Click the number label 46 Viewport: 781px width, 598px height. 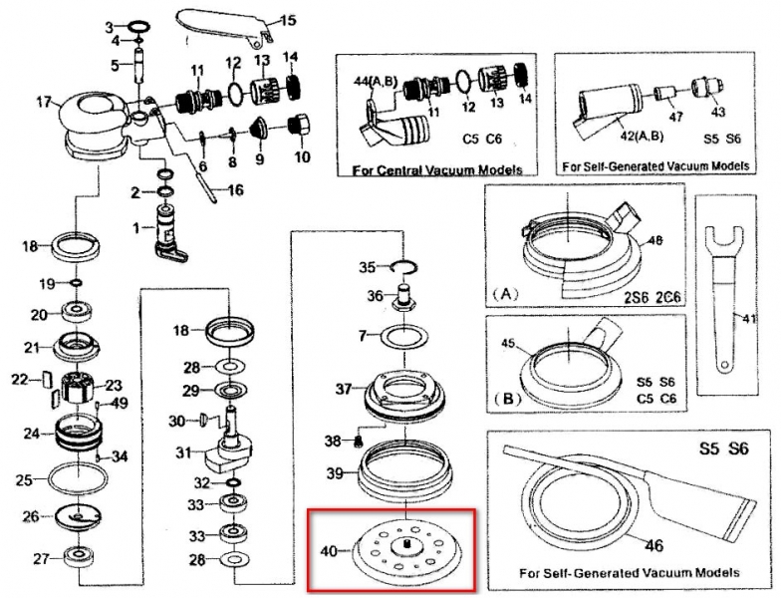click(x=625, y=544)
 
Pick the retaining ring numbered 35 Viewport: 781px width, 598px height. click(x=402, y=265)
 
